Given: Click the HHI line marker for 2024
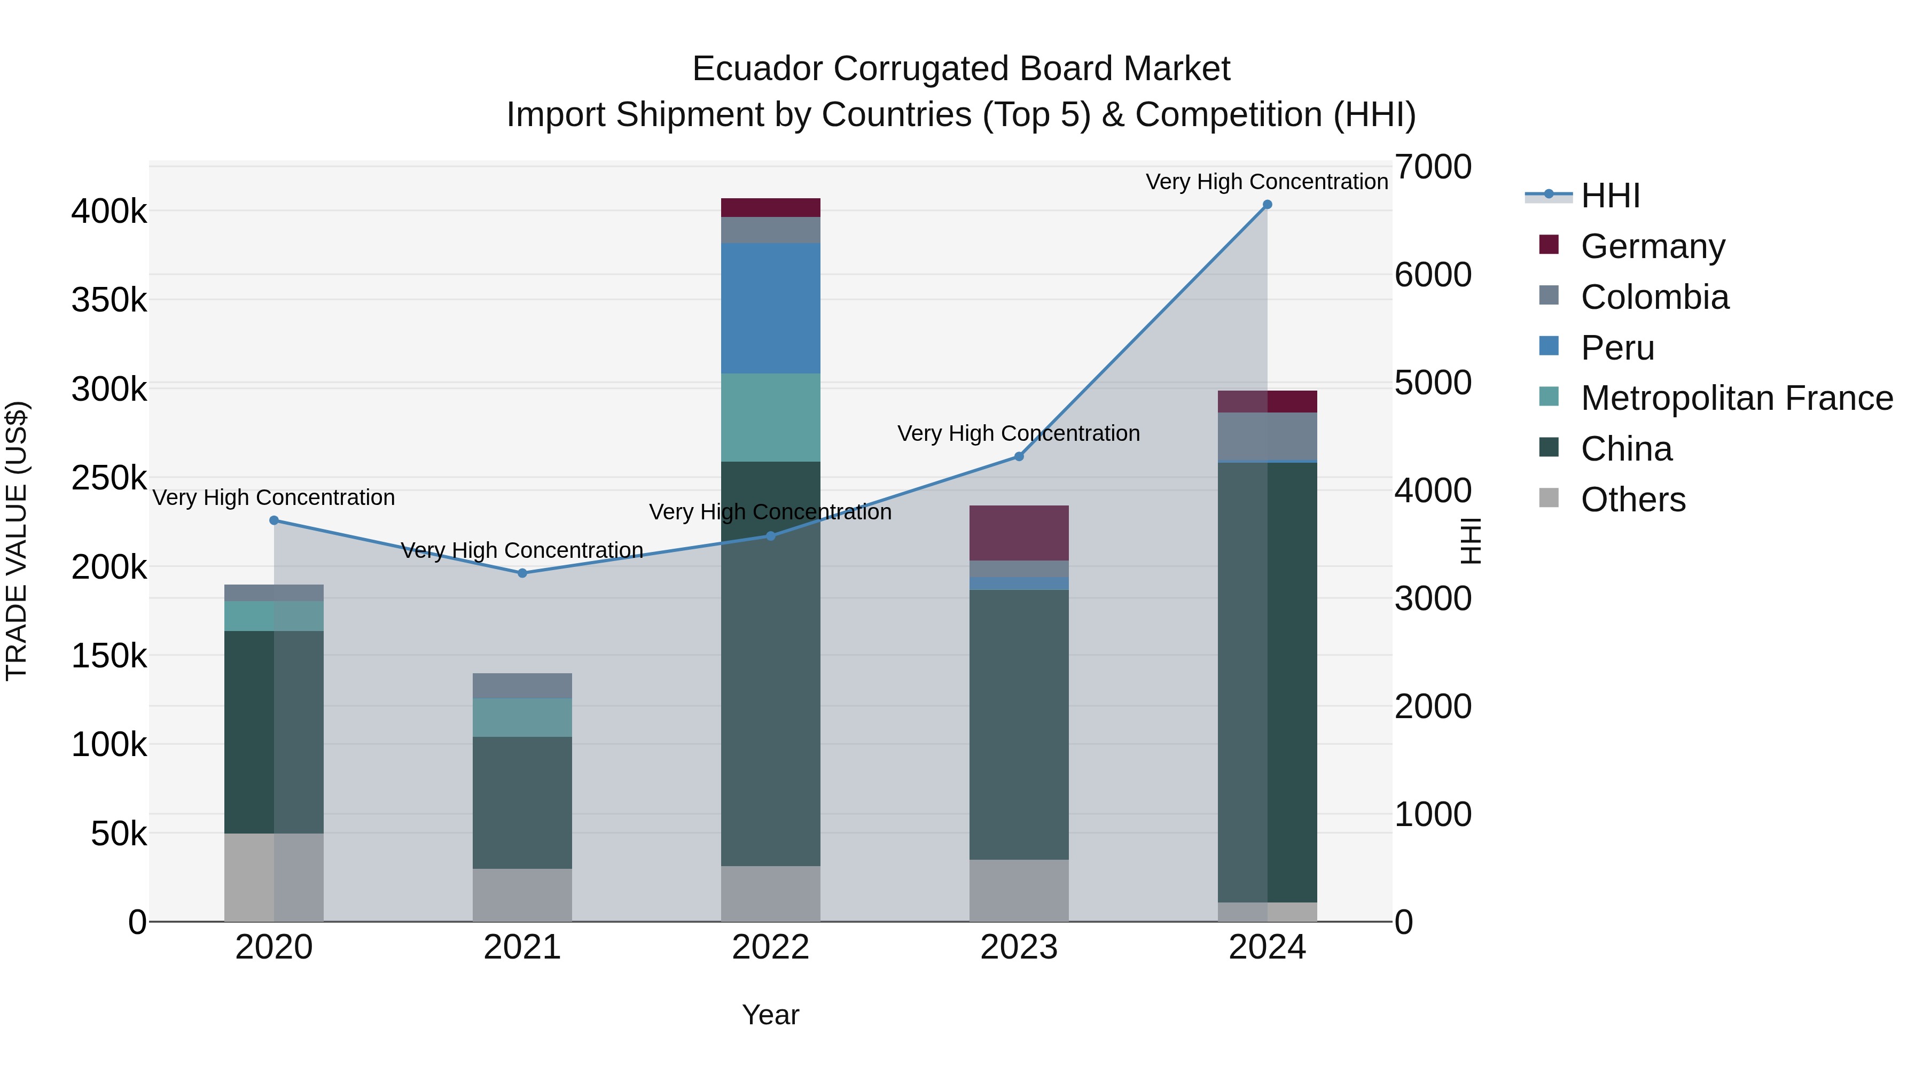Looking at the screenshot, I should pos(1267,205).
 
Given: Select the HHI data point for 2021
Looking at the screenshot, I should pos(522,573).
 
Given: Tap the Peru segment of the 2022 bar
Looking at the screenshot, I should pos(770,308).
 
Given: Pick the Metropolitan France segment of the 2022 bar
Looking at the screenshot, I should pos(770,417).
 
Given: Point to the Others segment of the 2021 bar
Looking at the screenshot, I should pos(522,894).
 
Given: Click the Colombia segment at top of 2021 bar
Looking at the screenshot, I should pos(522,686).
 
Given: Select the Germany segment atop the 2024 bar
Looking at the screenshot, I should pos(1292,401).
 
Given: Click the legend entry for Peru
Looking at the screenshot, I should pos(1617,348).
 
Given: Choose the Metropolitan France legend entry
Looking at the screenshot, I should pos(1737,399).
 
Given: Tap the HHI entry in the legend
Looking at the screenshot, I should pos(1609,196).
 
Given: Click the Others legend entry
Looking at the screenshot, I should pos(1632,500).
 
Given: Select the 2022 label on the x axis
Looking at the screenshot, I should pos(770,947).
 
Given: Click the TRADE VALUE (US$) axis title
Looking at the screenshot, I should pos(17,541).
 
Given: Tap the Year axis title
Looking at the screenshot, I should pos(770,1015).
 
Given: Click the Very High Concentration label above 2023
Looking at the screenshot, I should pos(1018,433).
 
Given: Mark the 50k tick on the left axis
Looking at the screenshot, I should pos(119,834).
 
